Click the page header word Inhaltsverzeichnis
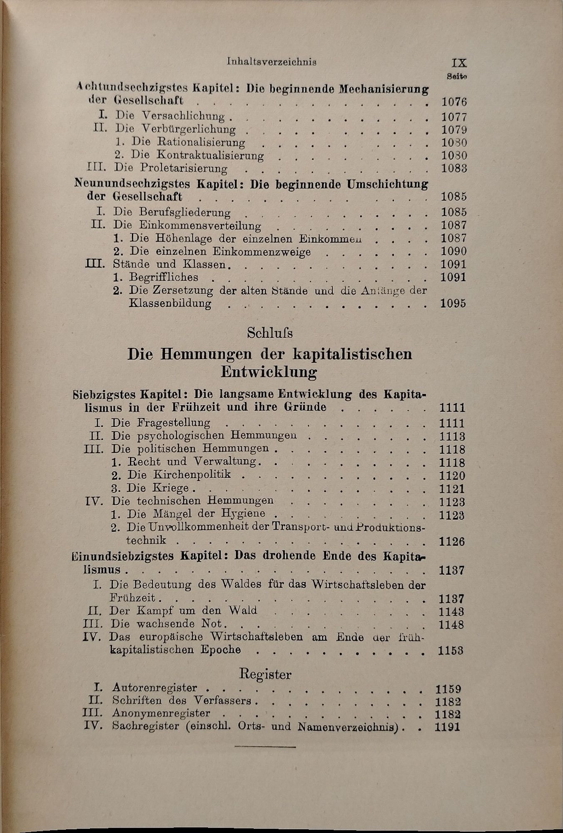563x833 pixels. tap(272, 62)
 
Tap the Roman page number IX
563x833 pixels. tap(458, 63)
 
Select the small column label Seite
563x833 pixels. tap(457, 77)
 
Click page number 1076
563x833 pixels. tap(454, 102)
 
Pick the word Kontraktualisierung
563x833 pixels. tap(210, 155)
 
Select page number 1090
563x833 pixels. tap(453, 251)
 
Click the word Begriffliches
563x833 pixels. tap(164, 277)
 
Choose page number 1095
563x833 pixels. tap(453, 304)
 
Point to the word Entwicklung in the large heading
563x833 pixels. tap(269, 372)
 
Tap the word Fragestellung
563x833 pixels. tap(173, 423)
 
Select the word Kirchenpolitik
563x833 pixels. tap(192, 475)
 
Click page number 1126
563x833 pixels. tap(452, 541)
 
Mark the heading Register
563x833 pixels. tap(265, 674)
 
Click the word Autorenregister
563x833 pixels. tap(154, 688)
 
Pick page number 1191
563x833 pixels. tap(447, 727)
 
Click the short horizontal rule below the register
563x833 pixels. tap(265, 747)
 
